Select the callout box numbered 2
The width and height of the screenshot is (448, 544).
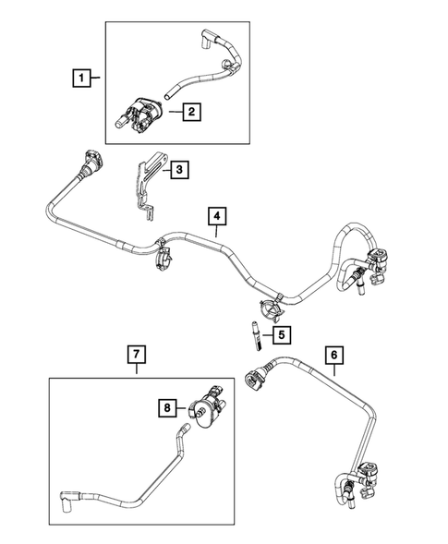(x=190, y=113)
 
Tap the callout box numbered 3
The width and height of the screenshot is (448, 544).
(x=180, y=169)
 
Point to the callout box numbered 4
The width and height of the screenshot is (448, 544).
(x=215, y=217)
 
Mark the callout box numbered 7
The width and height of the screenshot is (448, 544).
(x=135, y=353)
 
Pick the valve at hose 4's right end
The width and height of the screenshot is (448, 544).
(x=376, y=262)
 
